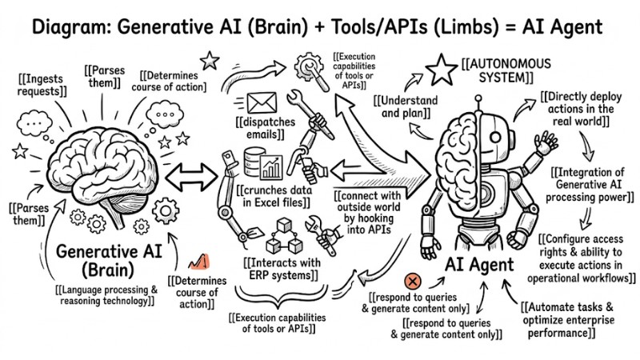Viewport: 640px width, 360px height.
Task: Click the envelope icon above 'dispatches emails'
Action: pyautogui.click(x=262, y=102)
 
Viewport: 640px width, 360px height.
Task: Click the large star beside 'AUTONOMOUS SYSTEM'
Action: pyautogui.click(x=442, y=70)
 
